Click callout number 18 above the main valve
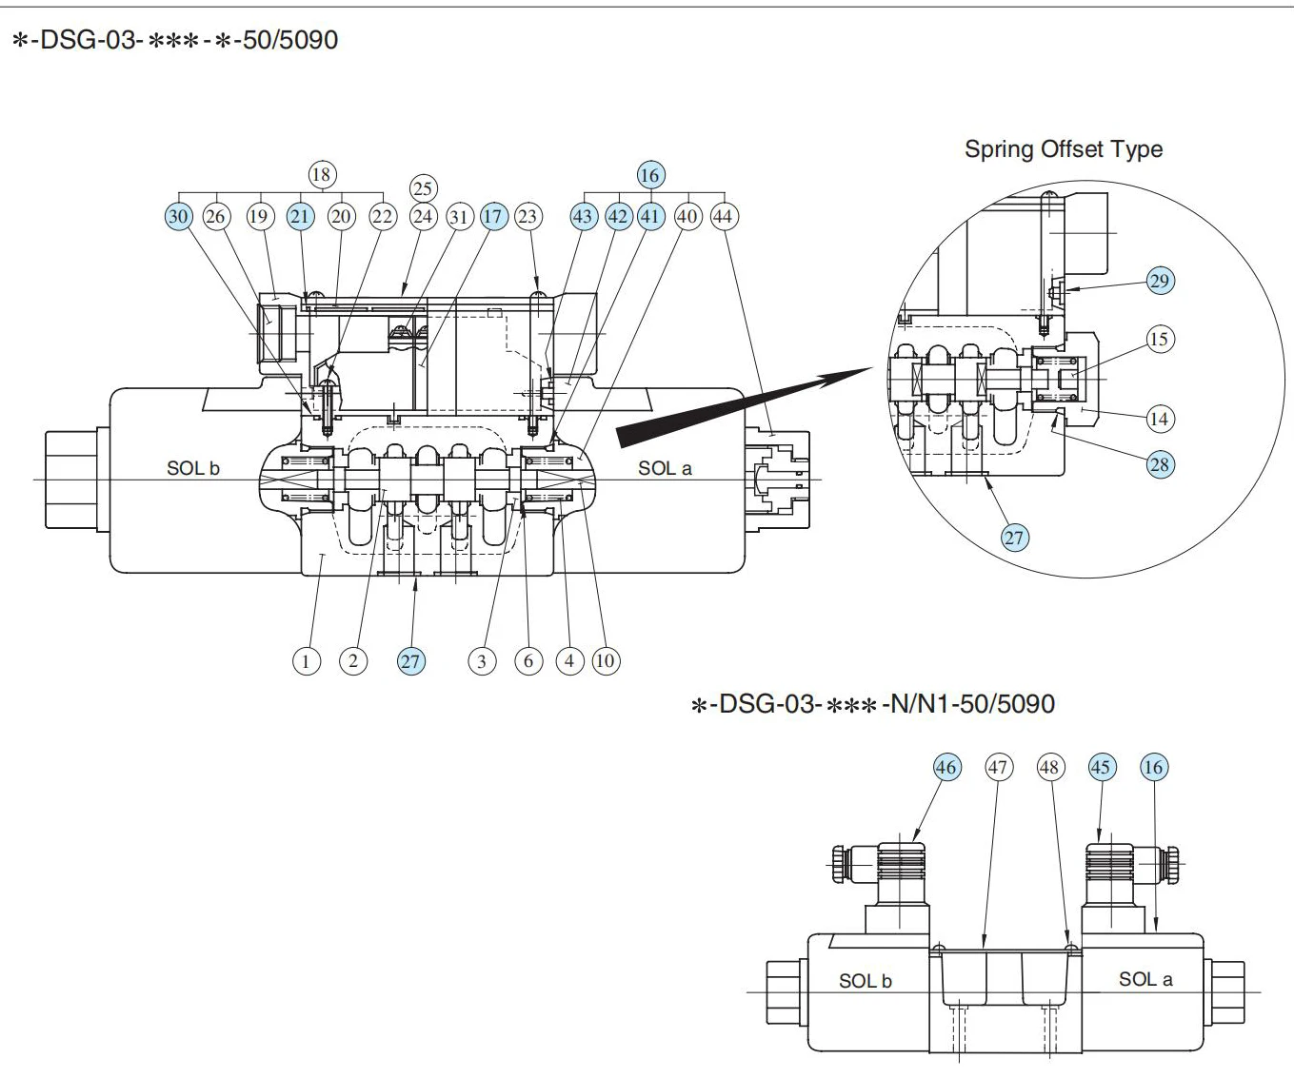[321, 174]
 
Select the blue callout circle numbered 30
[178, 216]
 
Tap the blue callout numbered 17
[492, 216]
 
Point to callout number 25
[423, 187]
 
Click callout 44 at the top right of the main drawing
[723, 216]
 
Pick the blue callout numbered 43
[583, 216]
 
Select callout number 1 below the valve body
[306, 660]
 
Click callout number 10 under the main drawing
[606, 660]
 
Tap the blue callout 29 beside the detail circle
[1160, 281]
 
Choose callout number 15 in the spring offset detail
[1159, 339]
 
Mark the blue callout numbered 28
[1160, 464]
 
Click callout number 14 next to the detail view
[1159, 418]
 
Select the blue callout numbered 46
[946, 767]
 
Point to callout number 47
[997, 767]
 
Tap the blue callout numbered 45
[1102, 767]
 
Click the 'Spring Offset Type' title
[1063, 149]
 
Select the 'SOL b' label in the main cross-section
[193, 468]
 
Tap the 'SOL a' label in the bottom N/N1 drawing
[1145, 979]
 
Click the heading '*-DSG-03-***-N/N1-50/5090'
[872, 704]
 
